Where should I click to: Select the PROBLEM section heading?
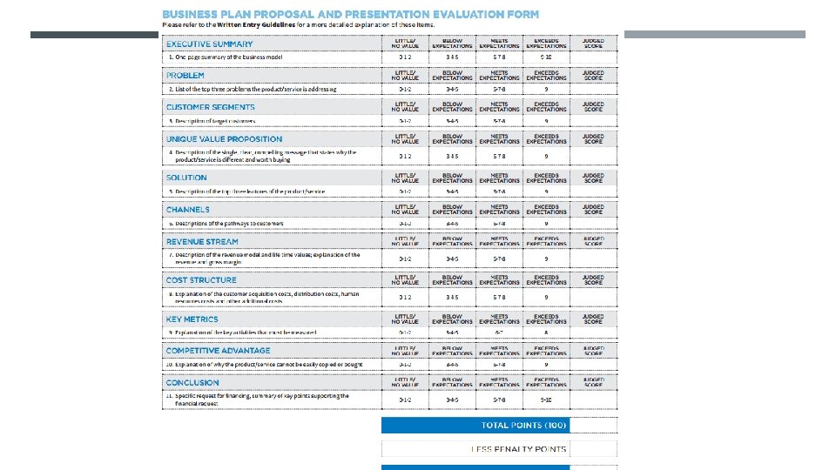185,76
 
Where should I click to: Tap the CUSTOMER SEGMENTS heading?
211,107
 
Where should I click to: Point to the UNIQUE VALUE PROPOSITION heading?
225,139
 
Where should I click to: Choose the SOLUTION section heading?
186,178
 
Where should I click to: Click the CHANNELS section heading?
188,210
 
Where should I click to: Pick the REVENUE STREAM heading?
202,242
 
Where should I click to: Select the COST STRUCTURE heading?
201,280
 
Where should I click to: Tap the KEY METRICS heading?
192,319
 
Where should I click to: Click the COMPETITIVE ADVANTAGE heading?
218,351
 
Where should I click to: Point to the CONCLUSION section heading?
192,383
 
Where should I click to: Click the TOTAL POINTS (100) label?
524,426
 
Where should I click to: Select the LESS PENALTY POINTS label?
519,449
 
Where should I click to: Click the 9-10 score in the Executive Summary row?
546,57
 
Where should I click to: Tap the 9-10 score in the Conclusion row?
546,399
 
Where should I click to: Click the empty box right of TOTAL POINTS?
594,426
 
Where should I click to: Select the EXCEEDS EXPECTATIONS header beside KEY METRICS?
546,319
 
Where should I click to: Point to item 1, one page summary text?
226,57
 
